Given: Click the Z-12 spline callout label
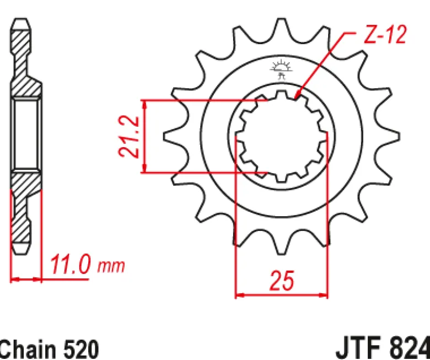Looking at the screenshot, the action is point(384,35).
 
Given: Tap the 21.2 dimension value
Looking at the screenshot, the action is point(128,137).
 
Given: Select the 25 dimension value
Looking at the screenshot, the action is point(282,280).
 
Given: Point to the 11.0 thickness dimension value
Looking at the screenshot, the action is point(70,264).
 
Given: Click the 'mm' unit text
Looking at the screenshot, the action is point(111,266).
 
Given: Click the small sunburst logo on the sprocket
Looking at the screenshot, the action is point(281,69).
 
